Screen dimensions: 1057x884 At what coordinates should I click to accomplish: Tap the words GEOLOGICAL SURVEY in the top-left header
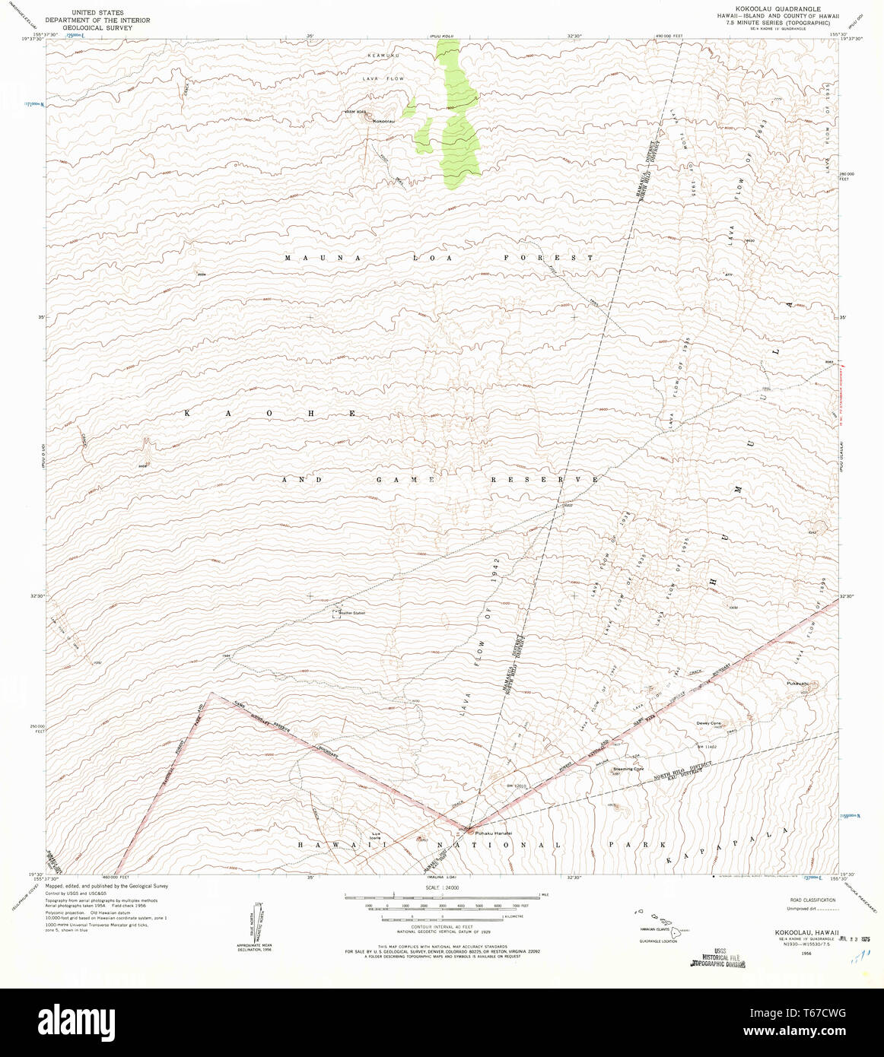click(x=97, y=28)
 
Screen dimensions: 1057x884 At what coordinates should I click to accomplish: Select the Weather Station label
click(x=351, y=612)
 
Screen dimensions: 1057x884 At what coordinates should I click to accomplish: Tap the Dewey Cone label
click(x=708, y=723)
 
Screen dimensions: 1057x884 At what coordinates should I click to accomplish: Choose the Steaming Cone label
click(x=628, y=769)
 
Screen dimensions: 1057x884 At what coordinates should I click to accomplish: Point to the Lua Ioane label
click(x=375, y=834)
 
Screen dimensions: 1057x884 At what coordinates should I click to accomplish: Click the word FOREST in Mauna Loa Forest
click(x=549, y=258)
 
